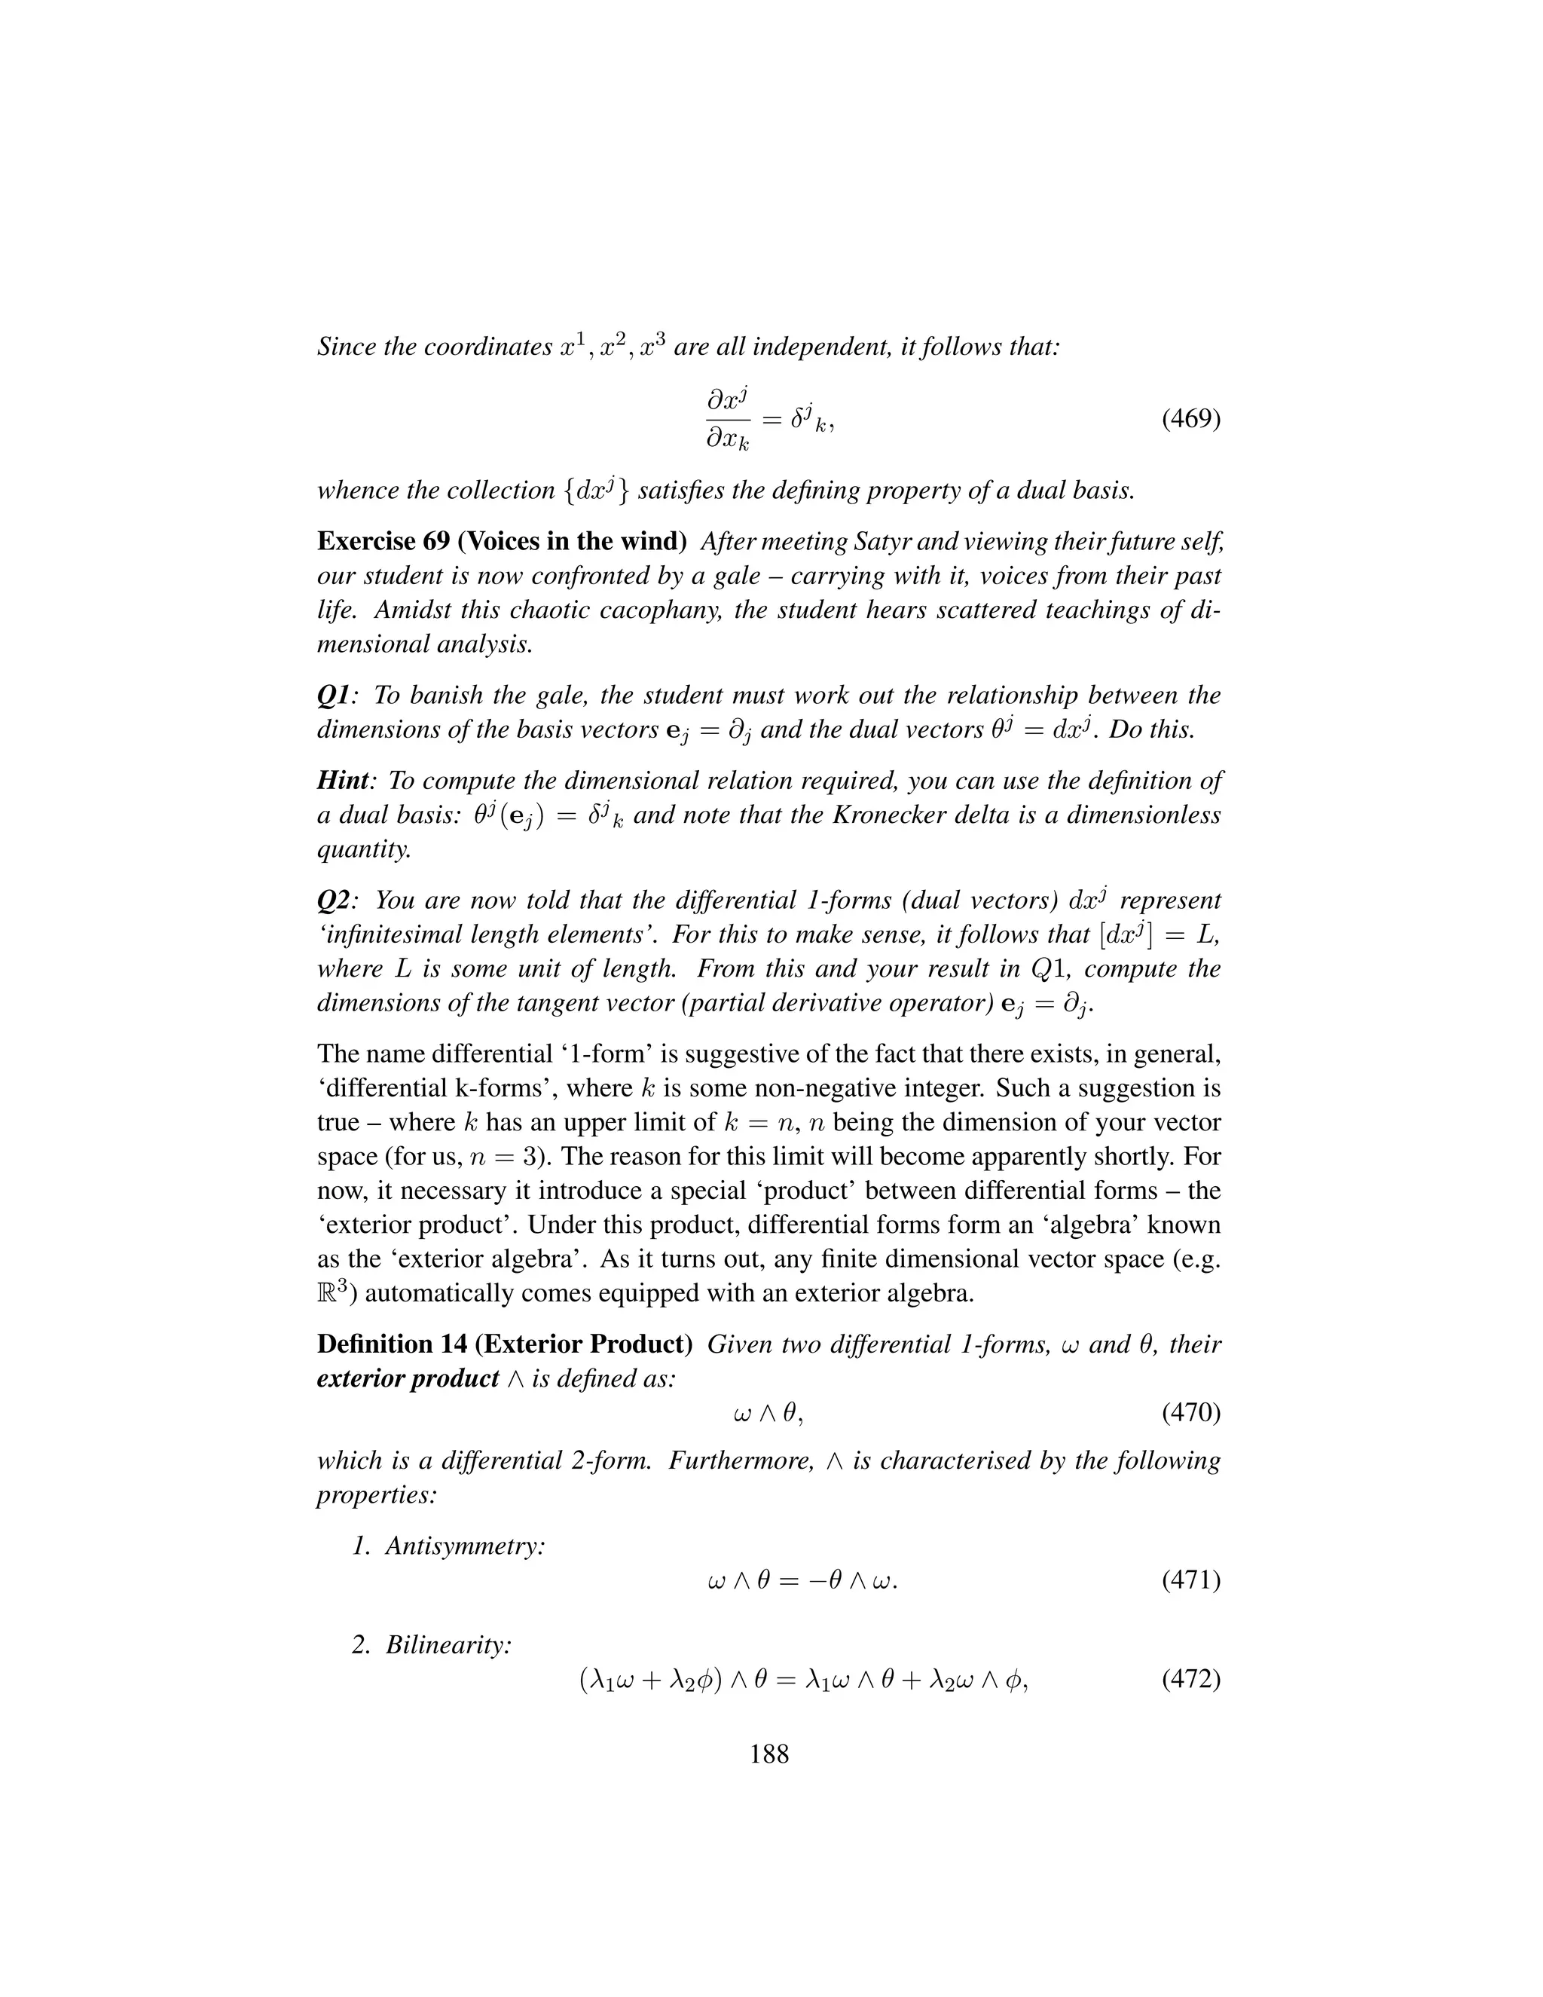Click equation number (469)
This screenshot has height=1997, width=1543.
pos(1190,420)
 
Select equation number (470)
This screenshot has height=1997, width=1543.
pos(1190,1413)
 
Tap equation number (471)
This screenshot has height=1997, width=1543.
pos(1190,1580)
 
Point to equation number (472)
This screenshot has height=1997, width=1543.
pos(1190,1680)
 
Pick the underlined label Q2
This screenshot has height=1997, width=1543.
pos(333,901)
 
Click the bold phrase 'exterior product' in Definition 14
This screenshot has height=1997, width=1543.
pos(408,1379)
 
